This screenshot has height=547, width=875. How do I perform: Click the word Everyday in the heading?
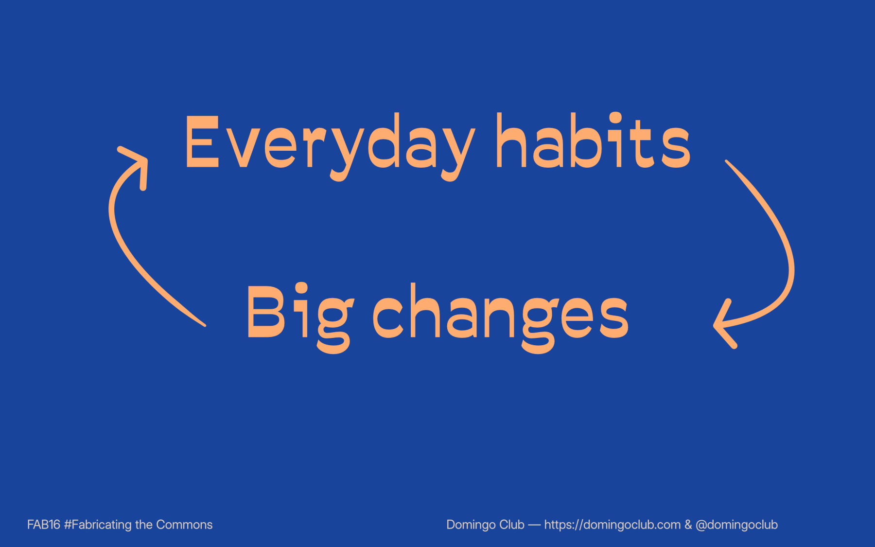tap(330, 144)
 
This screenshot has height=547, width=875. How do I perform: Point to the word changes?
tap(501, 314)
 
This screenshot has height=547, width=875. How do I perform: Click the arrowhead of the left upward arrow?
tap(139, 160)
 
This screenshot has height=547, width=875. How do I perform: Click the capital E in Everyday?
tap(202, 142)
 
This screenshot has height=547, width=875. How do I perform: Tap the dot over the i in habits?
tap(615, 118)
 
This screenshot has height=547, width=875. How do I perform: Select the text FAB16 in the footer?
tap(44, 525)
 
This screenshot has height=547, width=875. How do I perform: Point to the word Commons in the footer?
tap(184, 525)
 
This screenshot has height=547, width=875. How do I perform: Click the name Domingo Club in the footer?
tap(485, 525)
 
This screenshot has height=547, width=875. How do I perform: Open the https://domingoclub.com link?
tap(612, 525)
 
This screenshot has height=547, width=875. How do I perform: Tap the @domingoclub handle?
tap(736, 525)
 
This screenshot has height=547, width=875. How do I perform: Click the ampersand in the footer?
tap(688, 525)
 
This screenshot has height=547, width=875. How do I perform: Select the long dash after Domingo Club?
tap(534, 525)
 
